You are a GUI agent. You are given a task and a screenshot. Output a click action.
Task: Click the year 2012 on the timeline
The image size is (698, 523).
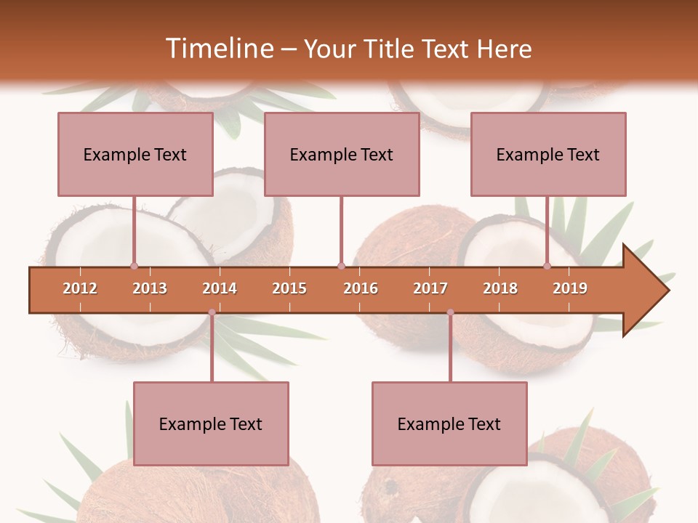point(80,288)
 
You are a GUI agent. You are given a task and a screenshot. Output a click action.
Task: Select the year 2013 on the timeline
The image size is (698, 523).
point(150,288)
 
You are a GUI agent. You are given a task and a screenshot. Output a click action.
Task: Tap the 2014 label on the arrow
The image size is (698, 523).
point(220,288)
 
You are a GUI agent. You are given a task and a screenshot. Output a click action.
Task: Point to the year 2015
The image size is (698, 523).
point(289,288)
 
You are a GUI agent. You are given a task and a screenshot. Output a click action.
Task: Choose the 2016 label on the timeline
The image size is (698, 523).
point(361,288)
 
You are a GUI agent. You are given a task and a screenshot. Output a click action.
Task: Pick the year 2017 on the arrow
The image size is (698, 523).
point(430,288)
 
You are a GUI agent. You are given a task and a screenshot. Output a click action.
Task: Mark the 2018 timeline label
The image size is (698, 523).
point(500,288)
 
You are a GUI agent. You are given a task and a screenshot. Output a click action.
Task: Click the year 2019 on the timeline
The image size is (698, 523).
point(570,288)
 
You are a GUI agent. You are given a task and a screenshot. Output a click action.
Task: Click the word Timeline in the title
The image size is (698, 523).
point(217,49)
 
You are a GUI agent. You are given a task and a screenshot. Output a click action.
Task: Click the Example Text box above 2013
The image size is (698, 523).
point(135,154)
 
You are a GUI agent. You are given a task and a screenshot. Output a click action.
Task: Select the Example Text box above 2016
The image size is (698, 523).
point(342,154)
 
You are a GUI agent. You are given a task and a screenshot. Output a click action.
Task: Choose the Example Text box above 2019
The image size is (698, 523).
point(548,154)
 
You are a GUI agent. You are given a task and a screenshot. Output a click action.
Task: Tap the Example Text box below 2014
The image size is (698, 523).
point(211,423)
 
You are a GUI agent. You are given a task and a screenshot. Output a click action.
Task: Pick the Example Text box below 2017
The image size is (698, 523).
point(449,423)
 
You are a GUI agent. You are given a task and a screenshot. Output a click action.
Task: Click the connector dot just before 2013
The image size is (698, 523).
point(134,266)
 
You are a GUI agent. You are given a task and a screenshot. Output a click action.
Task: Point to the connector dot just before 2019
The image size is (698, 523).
point(547,266)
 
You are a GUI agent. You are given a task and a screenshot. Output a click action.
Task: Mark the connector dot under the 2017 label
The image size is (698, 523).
point(450,312)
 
